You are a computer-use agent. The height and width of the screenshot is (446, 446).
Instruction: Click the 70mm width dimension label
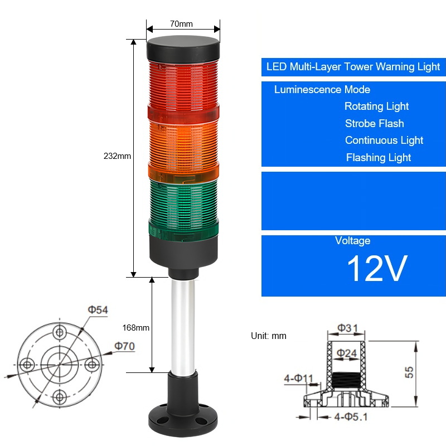tap(181, 24)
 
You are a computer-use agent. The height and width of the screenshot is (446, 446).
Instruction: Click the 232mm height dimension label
tap(117, 156)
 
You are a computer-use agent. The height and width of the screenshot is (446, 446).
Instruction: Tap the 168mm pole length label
tap(135, 328)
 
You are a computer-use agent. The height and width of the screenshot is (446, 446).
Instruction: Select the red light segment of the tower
tap(183, 90)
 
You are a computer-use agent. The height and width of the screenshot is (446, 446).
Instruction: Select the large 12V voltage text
tap(377, 268)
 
